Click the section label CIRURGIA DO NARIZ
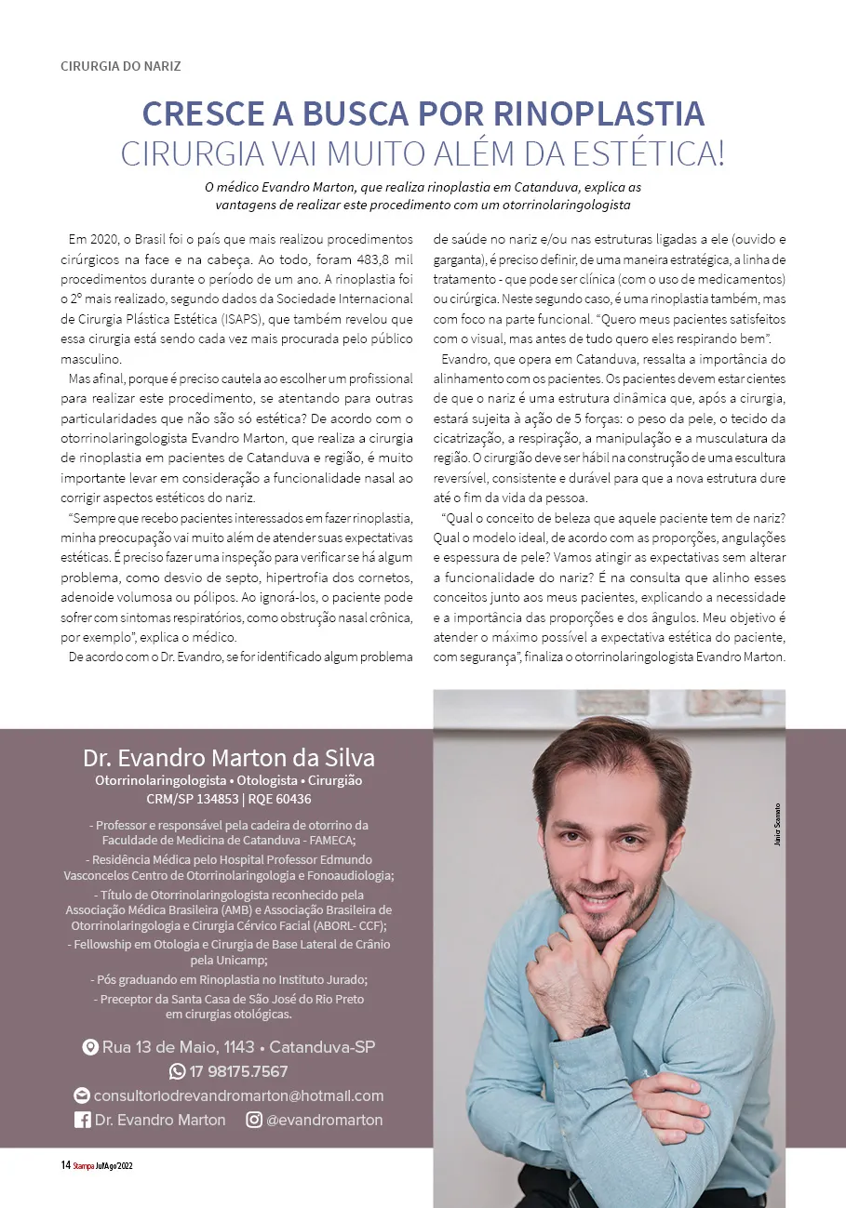(x=120, y=66)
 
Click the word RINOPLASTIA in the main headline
(x=598, y=113)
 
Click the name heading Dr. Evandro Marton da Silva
(x=228, y=756)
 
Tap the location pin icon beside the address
(x=90, y=1047)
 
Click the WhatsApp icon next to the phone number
(x=177, y=1071)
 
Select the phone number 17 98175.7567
(x=238, y=1071)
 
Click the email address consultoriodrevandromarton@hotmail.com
(x=238, y=1095)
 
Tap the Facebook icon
(x=83, y=1120)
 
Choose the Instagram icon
(x=253, y=1120)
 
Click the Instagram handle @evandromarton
(x=324, y=1120)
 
